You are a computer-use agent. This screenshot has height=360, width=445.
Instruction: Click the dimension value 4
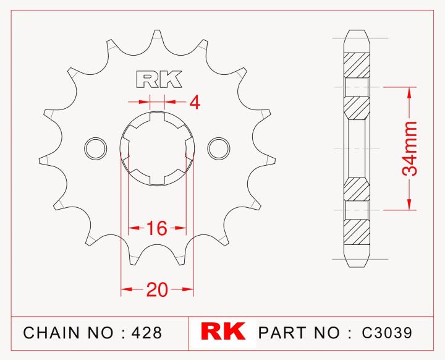[x=194, y=102]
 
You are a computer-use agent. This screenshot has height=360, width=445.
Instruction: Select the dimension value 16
[x=157, y=228]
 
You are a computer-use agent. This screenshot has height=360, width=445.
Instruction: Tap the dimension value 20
[x=157, y=289]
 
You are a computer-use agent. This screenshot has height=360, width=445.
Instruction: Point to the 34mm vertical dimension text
[x=409, y=148]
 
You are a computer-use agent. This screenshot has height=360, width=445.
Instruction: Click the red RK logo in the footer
[x=222, y=332]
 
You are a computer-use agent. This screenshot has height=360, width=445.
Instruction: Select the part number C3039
[x=388, y=333]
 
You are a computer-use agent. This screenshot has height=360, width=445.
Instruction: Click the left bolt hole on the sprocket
[x=95, y=148]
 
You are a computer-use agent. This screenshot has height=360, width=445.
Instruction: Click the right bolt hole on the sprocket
[x=219, y=148]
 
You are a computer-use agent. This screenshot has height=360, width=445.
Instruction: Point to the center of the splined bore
[x=157, y=148]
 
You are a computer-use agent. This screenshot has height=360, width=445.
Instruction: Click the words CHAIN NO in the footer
[x=68, y=333]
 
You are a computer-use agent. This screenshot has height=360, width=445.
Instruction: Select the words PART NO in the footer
[x=299, y=333]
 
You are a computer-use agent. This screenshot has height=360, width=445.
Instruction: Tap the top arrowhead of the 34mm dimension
[x=409, y=92]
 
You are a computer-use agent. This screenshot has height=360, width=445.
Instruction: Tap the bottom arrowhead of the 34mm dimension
[x=409, y=205]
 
